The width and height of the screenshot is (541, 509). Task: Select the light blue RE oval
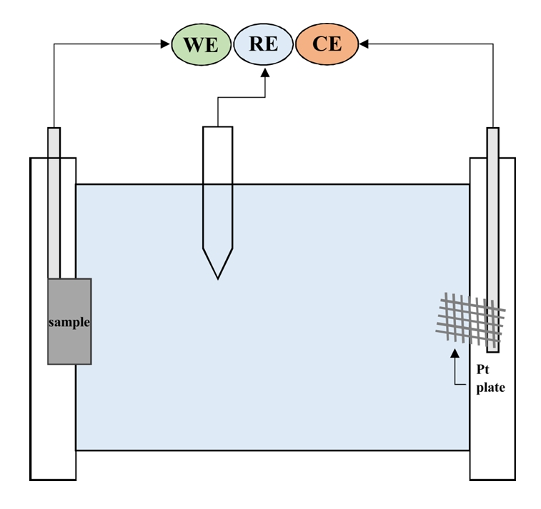(264, 44)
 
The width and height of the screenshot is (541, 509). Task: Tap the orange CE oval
(327, 44)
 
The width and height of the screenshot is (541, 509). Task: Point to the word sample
(69, 322)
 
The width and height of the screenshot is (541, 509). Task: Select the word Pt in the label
(482, 371)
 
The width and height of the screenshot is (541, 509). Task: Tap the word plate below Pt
(491, 388)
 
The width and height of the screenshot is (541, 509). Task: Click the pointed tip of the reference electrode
(217, 277)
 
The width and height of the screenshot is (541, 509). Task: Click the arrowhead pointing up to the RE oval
(264, 71)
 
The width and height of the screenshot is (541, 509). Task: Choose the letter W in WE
(192, 44)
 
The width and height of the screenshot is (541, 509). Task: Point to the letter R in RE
(256, 44)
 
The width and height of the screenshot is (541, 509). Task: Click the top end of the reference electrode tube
(217, 128)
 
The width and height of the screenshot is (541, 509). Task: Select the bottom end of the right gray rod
(492, 351)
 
